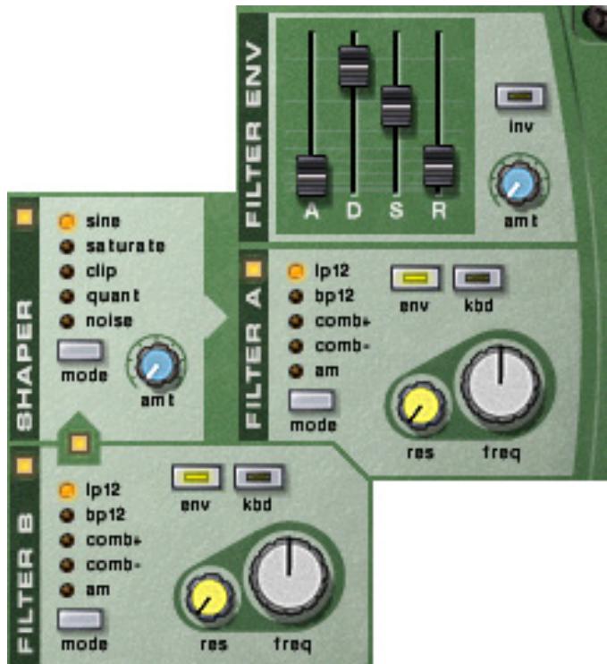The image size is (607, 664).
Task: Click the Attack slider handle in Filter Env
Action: [x=312, y=174]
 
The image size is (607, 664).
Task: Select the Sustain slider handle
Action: [x=396, y=105]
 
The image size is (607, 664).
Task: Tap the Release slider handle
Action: [x=439, y=163]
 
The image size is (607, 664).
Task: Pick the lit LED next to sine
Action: [x=66, y=220]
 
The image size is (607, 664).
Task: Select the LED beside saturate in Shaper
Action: [x=66, y=245]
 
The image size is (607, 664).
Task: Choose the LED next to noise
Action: [x=66, y=320]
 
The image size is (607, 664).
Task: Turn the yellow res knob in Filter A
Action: [x=417, y=408]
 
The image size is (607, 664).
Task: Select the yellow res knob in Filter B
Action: [x=208, y=598]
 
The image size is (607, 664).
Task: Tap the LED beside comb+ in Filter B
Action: [x=66, y=540]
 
